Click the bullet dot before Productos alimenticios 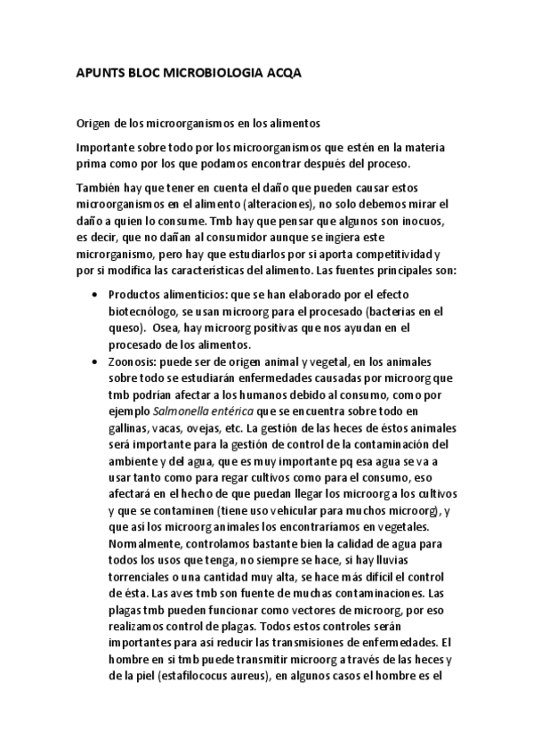95,295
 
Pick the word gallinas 130,426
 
